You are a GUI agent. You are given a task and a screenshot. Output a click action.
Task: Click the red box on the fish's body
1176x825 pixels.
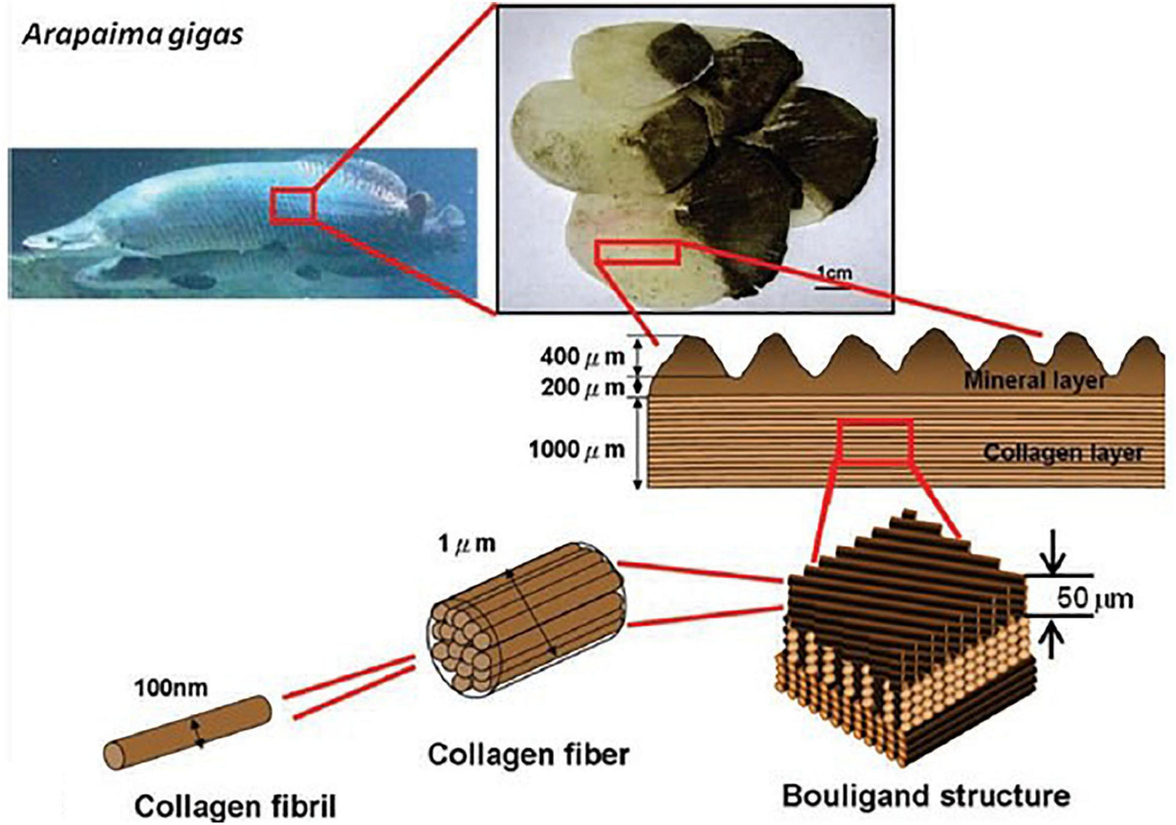click(292, 206)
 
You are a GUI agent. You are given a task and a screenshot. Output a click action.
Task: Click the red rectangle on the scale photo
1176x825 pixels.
click(638, 252)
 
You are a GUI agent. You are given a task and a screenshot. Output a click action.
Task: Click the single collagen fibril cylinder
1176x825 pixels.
click(186, 731)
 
